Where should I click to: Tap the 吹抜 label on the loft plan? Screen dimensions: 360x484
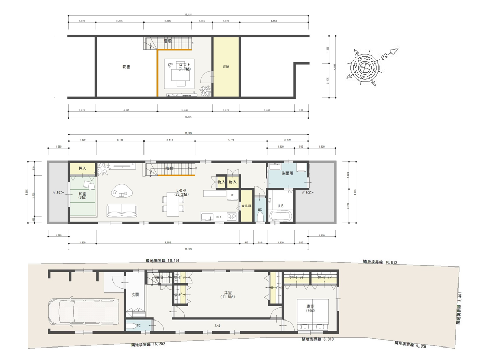(126, 66)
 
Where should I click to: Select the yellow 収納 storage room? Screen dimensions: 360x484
(226, 66)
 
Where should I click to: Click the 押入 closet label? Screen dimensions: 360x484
(82, 169)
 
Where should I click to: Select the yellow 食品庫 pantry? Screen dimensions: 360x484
(245, 206)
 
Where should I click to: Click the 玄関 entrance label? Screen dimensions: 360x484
(135, 295)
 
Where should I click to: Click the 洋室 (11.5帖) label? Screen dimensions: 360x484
(226, 295)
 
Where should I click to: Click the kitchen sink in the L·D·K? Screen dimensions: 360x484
(205, 217)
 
